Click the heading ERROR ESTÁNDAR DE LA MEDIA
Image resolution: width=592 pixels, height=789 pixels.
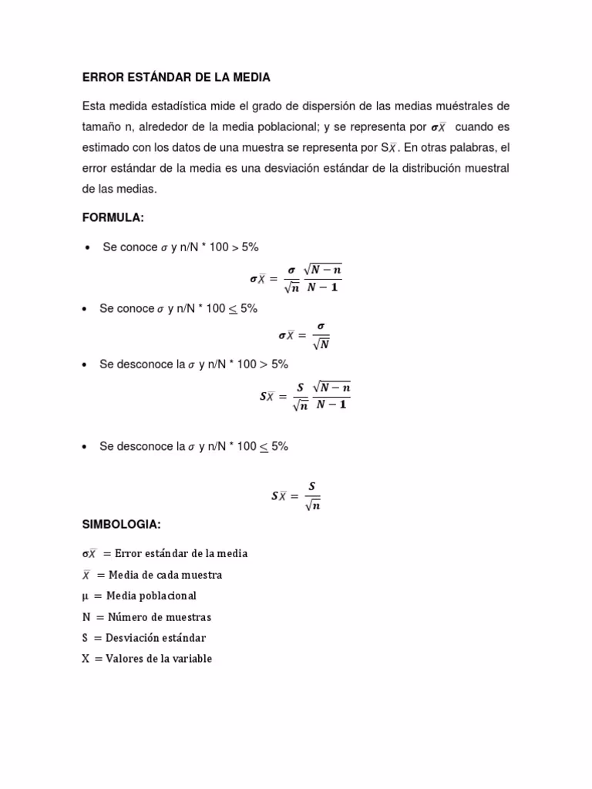pyautogui.click(x=177, y=78)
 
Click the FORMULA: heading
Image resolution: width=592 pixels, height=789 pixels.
pyautogui.click(x=113, y=218)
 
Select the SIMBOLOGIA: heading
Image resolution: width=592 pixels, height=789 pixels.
pyautogui.click(x=121, y=525)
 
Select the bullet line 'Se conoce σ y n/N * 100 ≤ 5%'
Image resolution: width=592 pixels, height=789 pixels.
pyautogui.click(x=178, y=308)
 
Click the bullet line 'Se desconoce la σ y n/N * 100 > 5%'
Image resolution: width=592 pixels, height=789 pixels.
pyautogui.click(x=193, y=364)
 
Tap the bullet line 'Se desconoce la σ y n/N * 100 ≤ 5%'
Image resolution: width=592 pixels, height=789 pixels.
pyautogui.click(x=193, y=446)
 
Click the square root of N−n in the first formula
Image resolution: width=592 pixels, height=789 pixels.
pyautogui.click(x=322, y=270)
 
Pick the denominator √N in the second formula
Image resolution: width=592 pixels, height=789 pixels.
pyautogui.click(x=321, y=344)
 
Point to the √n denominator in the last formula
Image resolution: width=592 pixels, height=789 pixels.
pyautogui.click(x=311, y=505)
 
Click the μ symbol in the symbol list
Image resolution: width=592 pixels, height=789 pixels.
pyautogui.click(x=86, y=596)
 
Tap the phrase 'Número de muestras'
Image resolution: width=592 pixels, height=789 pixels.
pyautogui.click(x=158, y=617)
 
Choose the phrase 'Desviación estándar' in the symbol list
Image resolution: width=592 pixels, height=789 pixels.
pyautogui.click(x=155, y=638)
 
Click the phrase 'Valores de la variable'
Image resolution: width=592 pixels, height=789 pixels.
pyautogui.click(x=158, y=659)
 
